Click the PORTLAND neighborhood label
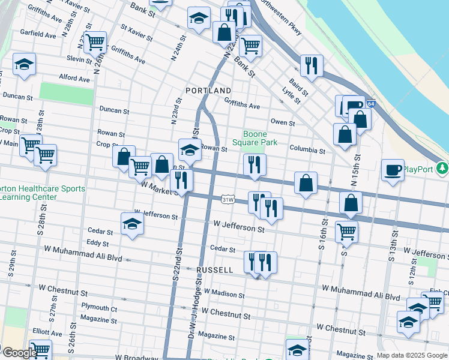point(208,91)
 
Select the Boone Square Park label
point(260,139)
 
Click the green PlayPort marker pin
point(443,167)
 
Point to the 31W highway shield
point(228,199)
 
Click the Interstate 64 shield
point(372,104)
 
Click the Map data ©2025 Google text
point(412,355)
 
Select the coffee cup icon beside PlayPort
point(393,169)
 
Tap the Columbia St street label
point(307,151)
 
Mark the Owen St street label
point(283,123)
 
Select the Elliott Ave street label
point(47,333)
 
